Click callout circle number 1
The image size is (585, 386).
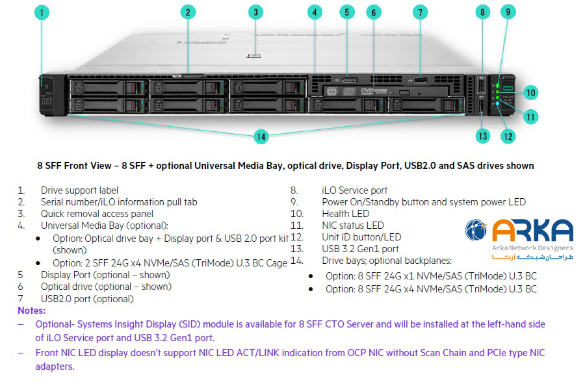pos(41,12)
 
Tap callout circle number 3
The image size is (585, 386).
pos(256,12)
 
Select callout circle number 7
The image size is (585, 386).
pos(421,12)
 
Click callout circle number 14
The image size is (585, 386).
pos(261,136)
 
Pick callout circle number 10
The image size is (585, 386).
pos(531,92)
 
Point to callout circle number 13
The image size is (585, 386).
pos(482,136)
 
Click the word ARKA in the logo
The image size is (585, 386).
pos(532,231)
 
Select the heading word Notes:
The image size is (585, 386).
pos(32,311)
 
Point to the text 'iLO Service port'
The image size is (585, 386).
pos(355,190)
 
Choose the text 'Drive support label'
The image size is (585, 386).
pos(79,190)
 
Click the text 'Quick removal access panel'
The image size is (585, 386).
pos(97,214)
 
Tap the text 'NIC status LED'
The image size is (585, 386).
pos(353,225)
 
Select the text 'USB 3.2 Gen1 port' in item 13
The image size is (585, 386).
pos(360,249)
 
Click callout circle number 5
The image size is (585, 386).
pos(346,12)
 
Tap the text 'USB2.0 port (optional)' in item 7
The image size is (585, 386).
pos(87,299)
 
